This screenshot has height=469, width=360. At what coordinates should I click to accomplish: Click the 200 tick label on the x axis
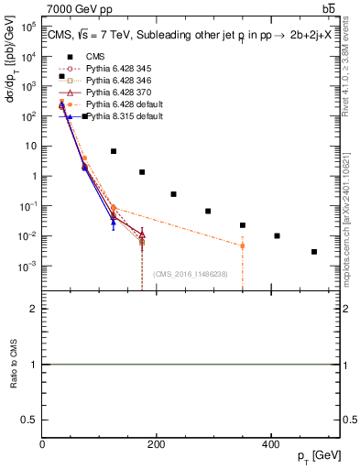click(156, 443)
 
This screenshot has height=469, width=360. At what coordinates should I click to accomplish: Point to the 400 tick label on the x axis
click(270, 443)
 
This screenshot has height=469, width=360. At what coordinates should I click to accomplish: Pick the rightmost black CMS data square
click(314, 252)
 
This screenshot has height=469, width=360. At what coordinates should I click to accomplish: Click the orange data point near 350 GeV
click(243, 245)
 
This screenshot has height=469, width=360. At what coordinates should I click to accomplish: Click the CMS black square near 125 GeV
click(114, 151)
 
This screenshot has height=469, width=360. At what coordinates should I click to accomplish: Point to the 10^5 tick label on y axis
click(27, 27)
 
